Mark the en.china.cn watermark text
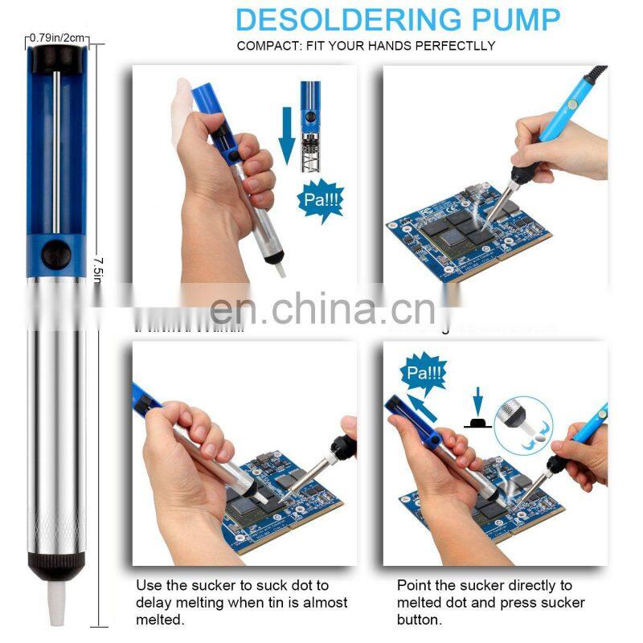pyautogui.click(x=321, y=308)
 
